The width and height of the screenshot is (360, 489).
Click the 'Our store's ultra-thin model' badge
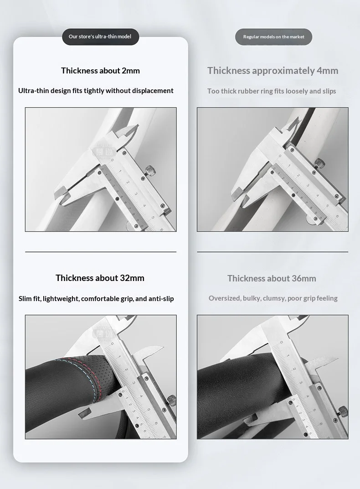click(100, 37)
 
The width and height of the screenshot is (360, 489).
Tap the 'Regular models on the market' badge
click(273, 37)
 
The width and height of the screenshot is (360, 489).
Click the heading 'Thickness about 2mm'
click(100, 71)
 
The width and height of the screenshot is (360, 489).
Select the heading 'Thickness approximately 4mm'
click(273, 71)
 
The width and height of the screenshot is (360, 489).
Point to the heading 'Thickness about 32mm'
click(100, 278)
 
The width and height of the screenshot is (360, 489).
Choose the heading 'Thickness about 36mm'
click(272, 278)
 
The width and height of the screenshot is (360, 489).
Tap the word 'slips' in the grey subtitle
click(329, 91)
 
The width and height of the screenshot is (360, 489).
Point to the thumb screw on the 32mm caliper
click(171, 400)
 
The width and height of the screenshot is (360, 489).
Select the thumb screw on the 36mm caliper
click(343, 410)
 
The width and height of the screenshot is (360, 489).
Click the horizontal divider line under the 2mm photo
click(101, 252)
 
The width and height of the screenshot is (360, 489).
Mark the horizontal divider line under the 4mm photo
click(273, 252)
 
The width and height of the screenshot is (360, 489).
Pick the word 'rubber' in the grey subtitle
click(248, 91)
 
